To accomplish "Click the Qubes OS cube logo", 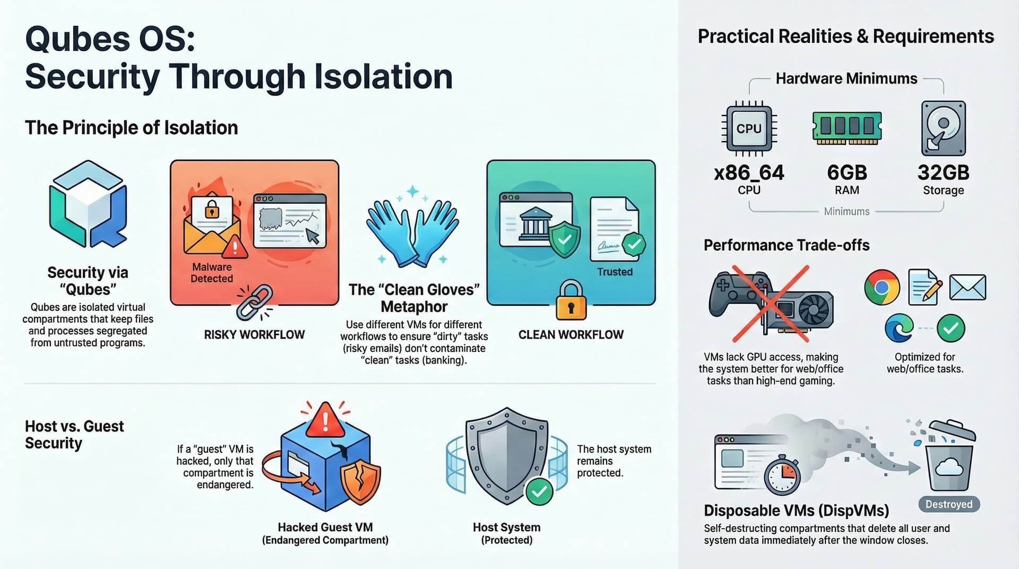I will click(x=88, y=204).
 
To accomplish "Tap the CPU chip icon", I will click(x=749, y=128).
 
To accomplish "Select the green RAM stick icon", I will click(x=847, y=127).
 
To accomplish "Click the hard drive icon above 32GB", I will click(x=943, y=128).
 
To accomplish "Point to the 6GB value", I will click(x=847, y=173).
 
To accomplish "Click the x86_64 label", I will click(x=749, y=173).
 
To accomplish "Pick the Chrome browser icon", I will click(x=882, y=287).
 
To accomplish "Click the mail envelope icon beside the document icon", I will click(x=968, y=287).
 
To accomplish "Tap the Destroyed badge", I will click(x=949, y=504).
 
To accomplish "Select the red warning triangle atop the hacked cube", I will click(x=325, y=419).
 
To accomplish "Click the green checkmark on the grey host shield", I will click(x=539, y=492).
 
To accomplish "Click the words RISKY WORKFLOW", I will click(x=254, y=334).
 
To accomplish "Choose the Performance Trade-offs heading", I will click(x=787, y=245).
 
